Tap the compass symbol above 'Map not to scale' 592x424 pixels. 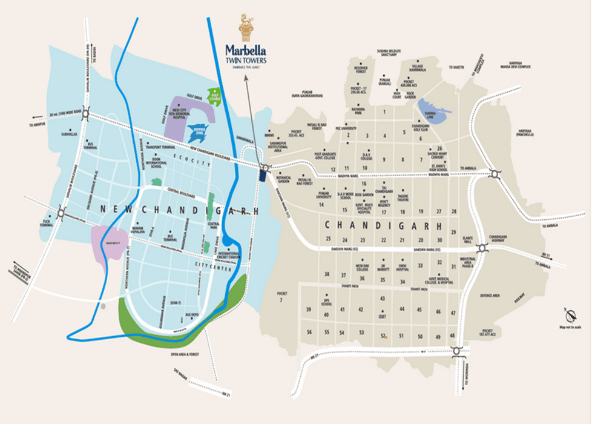(x=570, y=316)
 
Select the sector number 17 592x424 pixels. (x=385, y=212)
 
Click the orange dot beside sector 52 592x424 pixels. (x=386, y=337)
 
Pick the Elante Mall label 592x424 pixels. (x=467, y=240)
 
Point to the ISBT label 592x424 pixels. (x=382, y=316)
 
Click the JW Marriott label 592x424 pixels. (x=383, y=265)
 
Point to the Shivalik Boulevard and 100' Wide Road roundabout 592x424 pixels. (x=87, y=114)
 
